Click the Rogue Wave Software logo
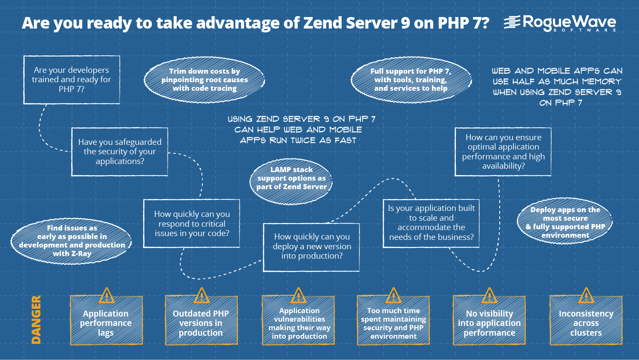(560, 23)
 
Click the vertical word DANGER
(36, 320)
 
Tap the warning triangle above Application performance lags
(106, 296)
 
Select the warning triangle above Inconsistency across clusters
(586, 296)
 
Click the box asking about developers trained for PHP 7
(72, 80)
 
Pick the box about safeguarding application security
(120, 152)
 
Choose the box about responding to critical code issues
(192, 223)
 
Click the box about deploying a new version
(311, 248)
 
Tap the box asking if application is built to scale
(431, 223)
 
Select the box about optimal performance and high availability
(503, 152)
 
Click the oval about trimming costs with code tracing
(204, 80)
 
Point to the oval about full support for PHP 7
(411, 80)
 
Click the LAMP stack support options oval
(291, 181)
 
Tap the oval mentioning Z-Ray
(71, 241)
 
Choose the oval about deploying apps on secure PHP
(565, 221)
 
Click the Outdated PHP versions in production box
(201, 320)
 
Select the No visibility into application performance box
(489, 320)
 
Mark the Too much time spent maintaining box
(393, 320)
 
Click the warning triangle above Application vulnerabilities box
(298, 296)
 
